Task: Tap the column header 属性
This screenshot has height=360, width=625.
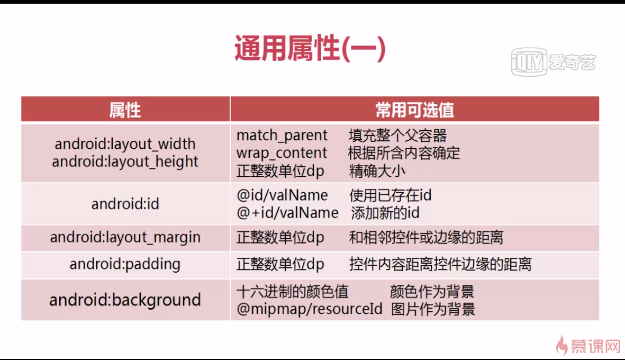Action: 125,110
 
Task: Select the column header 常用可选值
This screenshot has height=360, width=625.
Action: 414,110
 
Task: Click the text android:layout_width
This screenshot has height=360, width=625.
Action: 125,144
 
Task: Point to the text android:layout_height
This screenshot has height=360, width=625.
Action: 125,161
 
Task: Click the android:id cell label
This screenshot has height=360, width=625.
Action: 125,204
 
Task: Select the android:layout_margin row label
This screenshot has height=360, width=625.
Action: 125,237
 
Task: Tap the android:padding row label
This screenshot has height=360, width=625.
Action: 125,264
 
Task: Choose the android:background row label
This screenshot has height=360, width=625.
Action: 125,300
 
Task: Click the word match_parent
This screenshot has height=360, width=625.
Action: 282,136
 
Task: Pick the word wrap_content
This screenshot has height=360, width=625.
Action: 282,153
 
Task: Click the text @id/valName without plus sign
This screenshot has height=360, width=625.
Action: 282,195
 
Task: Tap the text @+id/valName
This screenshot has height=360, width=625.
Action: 287,213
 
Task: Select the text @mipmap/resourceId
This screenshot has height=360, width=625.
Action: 309,309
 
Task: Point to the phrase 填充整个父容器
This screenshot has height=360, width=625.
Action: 398,136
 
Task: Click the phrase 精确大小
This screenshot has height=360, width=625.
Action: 377,171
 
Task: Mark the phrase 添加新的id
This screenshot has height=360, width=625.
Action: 385,213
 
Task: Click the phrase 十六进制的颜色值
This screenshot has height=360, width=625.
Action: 292,292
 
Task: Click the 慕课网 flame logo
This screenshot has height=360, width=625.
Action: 588,346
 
